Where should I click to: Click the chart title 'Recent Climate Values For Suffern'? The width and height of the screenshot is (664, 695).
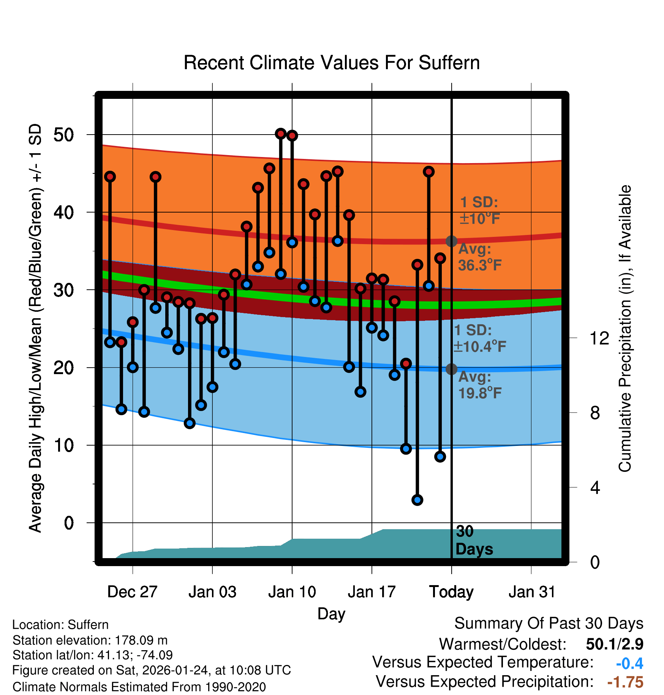coord(332,63)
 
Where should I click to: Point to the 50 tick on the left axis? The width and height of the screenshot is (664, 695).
coord(63,135)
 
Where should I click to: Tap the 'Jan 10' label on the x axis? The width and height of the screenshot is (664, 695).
coord(292,592)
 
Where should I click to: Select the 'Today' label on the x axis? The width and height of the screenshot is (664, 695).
coord(451,592)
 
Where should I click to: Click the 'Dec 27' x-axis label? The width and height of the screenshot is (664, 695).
coord(132,592)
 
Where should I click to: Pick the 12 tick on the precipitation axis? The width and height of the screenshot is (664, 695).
coord(599,338)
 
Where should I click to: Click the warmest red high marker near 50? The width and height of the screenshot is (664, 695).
coord(281,134)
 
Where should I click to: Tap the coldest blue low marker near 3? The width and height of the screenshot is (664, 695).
coord(417,500)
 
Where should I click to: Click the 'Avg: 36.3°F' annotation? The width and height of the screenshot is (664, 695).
coord(480,257)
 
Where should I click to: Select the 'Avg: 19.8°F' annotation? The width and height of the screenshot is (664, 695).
coord(480,385)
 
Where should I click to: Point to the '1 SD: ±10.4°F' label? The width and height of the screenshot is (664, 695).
coord(480,338)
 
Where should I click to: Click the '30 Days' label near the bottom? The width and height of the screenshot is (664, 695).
coord(474,541)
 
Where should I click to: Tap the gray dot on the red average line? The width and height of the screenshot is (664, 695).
coord(451,241)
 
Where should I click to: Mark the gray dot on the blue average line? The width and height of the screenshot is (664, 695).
coord(451,369)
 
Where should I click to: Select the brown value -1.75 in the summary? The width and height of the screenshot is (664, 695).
coord(625,682)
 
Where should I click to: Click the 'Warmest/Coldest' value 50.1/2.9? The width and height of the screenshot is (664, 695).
coord(614,644)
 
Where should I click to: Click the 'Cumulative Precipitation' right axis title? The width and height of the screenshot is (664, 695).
coord(625,328)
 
